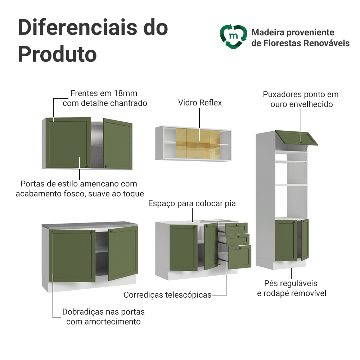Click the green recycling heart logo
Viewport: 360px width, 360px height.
pyautogui.click(x=233, y=37)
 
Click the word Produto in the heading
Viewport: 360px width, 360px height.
pyautogui.click(x=57, y=54)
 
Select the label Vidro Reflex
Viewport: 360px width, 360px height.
pyautogui.click(x=200, y=103)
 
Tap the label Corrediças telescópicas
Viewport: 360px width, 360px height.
pyautogui.click(x=167, y=295)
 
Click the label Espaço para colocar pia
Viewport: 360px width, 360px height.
pyautogui.click(x=192, y=203)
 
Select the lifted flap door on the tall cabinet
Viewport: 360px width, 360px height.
pyautogui.click(x=297, y=138)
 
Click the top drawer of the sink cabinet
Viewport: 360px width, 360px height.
pyautogui.click(x=237, y=228)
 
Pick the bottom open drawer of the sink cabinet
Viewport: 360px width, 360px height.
pyautogui.click(x=240, y=256)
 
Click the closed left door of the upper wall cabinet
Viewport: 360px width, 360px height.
pyautogui.click(x=68, y=143)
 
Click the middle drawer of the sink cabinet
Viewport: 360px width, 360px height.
pyautogui.click(x=238, y=239)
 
